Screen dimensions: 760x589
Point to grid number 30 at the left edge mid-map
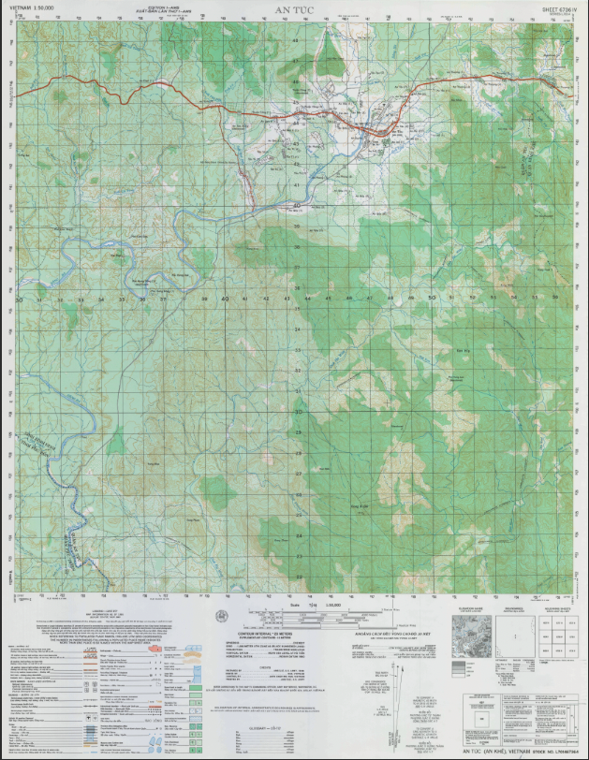[19, 300]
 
